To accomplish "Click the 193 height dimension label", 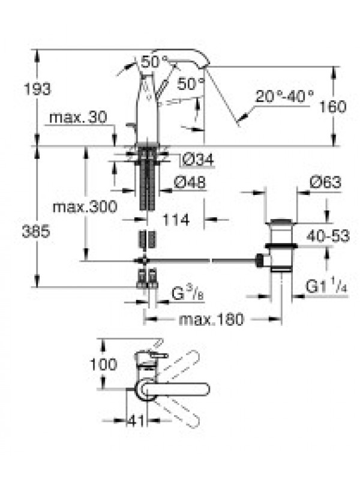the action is pyautogui.click(x=37, y=89).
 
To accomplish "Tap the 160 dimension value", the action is pyautogui.click(x=333, y=107).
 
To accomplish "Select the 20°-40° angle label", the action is pyautogui.click(x=284, y=96).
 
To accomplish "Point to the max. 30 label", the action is pyautogui.click(x=78, y=117).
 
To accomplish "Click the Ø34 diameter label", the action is pyautogui.click(x=198, y=159).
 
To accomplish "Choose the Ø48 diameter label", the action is pyautogui.click(x=190, y=182).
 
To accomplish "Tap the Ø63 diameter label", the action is pyautogui.click(x=325, y=182).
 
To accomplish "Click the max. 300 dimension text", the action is pyautogui.click(x=85, y=206).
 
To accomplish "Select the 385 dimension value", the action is pyautogui.click(x=36, y=232).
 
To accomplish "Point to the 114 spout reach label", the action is pyautogui.click(x=176, y=220).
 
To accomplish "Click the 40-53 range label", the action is pyautogui.click(x=328, y=236).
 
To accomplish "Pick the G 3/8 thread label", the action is pyautogui.click(x=187, y=293).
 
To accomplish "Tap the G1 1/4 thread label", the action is pyautogui.click(x=326, y=287).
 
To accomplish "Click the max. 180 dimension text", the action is pyautogui.click(x=211, y=319).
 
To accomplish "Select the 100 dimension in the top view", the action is pyautogui.click(x=103, y=364).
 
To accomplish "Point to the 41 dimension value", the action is pyautogui.click(x=136, y=421).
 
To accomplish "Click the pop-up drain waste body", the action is pyautogui.click(x=281, y=245).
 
